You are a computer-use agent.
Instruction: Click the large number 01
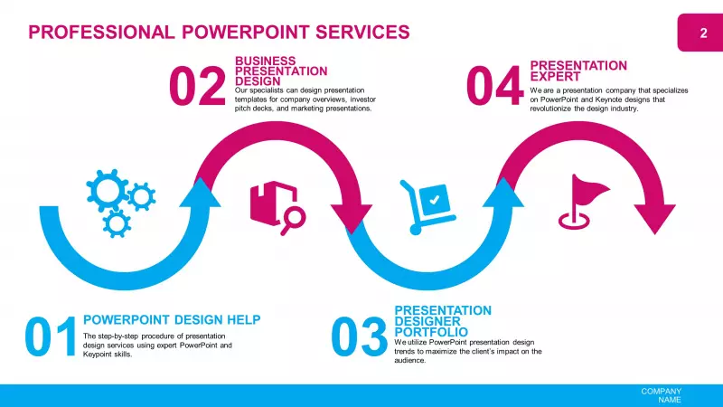coord(51,336)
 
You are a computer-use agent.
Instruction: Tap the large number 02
coord(197,86)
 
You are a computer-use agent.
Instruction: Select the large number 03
coord(359,336)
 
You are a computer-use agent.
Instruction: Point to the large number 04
coord(494,86)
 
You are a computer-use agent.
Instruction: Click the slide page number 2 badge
coord(700,33)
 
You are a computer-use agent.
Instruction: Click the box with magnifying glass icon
coord(278,208)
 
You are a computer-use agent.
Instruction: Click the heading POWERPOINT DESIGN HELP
coord(172,320)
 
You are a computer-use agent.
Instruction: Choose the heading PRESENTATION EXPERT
coord(578,71)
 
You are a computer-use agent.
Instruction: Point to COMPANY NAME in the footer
coord(661,395)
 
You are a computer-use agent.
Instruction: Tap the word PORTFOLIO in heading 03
coord(431,332)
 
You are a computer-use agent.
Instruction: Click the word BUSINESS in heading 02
coord(265,61)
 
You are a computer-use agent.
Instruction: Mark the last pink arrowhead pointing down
coord(654,220)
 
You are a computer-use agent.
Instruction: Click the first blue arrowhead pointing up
coord(200,193)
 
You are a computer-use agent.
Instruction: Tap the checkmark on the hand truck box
coord(434,200)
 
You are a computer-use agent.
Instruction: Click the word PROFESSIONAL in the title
coord(101,33)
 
